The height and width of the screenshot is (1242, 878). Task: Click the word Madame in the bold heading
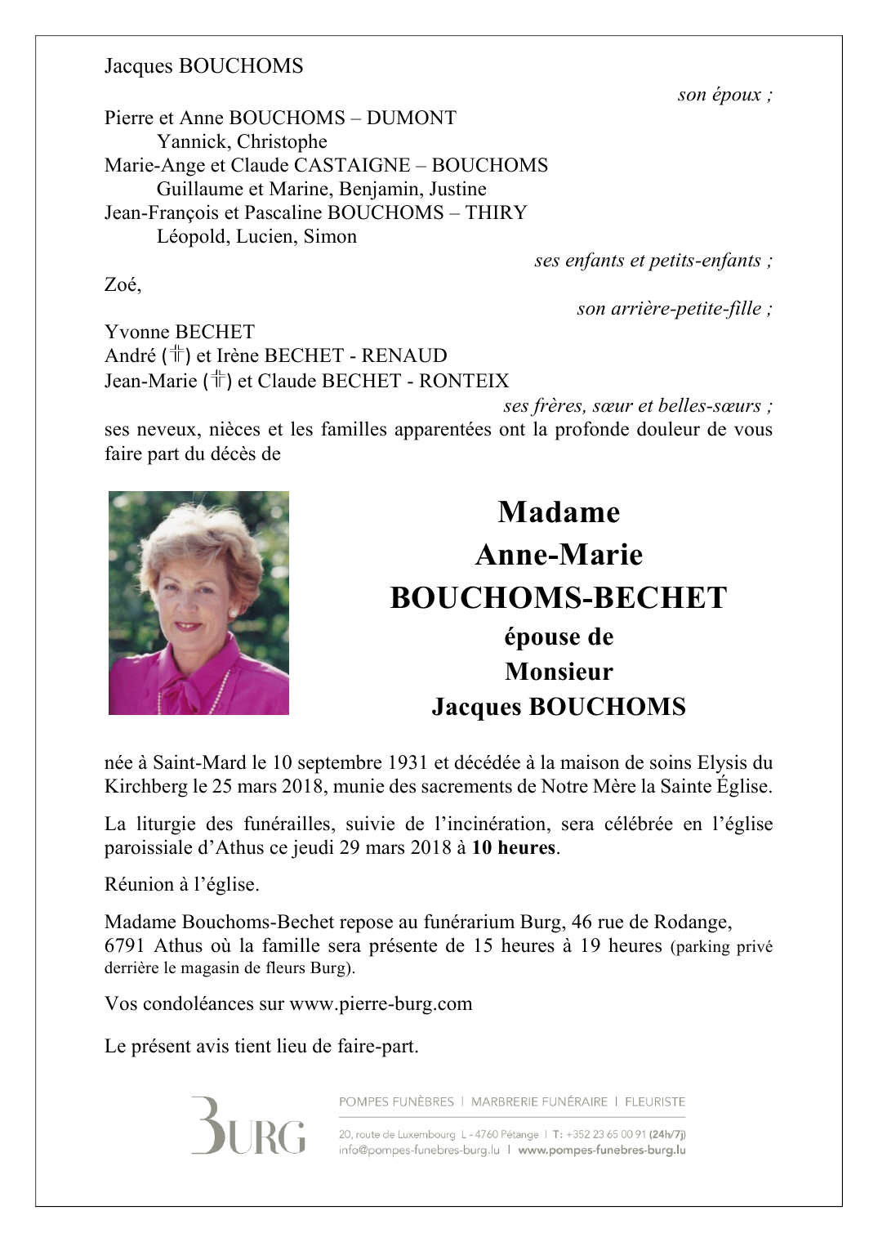[559, 512]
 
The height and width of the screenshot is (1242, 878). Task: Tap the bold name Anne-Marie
[559, 555]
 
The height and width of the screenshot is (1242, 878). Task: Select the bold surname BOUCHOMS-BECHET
[559, 597]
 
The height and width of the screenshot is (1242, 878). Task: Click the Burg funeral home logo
[248, 1126]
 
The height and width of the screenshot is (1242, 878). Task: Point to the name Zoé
[123, 284]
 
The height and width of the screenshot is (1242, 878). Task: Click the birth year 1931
[408, 762]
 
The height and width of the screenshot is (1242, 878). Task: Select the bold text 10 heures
[514, 847]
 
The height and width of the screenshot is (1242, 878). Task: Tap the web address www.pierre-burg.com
[381, 1003]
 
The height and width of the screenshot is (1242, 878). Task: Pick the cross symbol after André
[176, 355]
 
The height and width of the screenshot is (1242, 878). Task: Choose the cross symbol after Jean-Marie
[217, 380]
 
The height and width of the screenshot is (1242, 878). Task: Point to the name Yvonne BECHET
[180, 332]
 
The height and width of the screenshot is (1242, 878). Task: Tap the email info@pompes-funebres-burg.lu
[419, 1150]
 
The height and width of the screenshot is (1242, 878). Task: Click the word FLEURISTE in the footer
[654, 1101]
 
